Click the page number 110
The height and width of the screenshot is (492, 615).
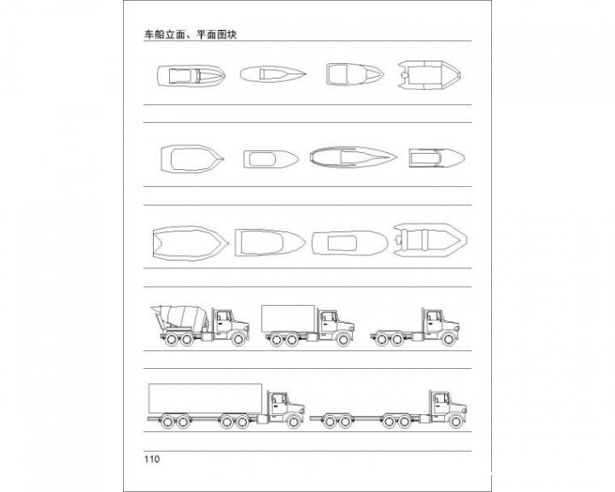[152, 460]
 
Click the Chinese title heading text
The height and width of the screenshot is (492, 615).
[190, 34]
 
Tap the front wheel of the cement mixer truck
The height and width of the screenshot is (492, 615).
[238, 339]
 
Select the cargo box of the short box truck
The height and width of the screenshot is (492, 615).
[289, 319]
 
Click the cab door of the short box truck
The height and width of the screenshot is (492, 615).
[329, 322]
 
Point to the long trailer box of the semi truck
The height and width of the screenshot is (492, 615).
[205, 399]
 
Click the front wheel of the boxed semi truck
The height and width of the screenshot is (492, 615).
[293, 421]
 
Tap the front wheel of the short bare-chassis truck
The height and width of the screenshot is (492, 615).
[448, 339]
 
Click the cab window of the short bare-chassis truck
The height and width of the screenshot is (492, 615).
[434, 316]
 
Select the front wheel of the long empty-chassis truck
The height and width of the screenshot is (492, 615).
[455, 421]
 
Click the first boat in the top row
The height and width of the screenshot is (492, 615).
[191, 75]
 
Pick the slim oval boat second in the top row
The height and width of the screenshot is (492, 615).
[273, 73]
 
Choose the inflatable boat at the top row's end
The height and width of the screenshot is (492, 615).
[429, 74]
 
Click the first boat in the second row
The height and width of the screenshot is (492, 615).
[192, 159]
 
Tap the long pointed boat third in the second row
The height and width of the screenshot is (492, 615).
[353, 157]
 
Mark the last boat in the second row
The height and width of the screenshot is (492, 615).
[436, 158]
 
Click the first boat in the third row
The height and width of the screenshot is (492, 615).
[190, 243]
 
